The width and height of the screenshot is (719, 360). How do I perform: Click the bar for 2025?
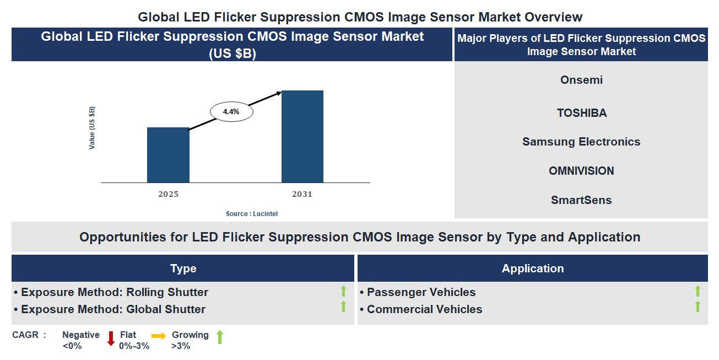[168, 155]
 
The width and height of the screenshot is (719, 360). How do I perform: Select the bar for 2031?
[302, 136]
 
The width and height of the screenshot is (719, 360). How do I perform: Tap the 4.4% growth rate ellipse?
[231, 111]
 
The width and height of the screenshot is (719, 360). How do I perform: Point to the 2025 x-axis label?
[168, 194]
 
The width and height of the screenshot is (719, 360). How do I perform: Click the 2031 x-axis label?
[302, 194]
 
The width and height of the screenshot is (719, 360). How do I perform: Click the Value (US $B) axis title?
[92, 128]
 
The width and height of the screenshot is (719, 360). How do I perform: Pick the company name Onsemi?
[581, 80]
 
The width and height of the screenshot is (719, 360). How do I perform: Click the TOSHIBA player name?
[581, 113]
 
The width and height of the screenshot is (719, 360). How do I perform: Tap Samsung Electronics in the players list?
[581, 142]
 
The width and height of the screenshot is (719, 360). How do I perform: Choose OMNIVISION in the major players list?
[581, 171]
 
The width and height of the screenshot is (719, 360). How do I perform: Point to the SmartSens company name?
[581, 200]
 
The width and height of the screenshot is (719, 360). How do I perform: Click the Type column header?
[183, 268]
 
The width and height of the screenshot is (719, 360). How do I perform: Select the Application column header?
[532, 268]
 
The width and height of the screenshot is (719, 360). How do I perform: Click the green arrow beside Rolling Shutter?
[343, 292]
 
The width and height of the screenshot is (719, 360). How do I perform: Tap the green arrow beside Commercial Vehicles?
[698, 307]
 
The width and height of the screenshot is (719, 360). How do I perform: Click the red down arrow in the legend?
[111, 338]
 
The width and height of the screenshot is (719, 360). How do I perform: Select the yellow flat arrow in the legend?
[159, 335]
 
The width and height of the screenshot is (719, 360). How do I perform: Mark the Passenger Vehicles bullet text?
[421, 292]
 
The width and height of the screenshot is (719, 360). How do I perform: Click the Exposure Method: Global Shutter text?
[113, 309]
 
